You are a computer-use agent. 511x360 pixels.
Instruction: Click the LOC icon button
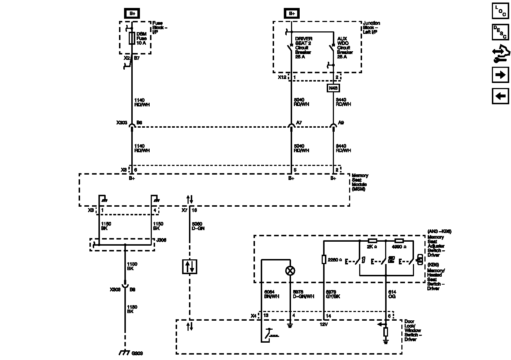(x=500, y=10)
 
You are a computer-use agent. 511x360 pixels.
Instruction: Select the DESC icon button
(x=500, y=32)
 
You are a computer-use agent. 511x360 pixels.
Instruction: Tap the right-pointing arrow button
(x=500, y=75)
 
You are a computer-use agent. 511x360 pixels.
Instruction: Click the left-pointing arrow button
(x=500, y=96)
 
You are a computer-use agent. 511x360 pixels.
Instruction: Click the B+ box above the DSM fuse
(x=132, y=14)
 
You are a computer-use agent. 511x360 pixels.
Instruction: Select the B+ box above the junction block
(x=291, y=14)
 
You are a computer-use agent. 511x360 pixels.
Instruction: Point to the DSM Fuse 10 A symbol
(x=132, y=38)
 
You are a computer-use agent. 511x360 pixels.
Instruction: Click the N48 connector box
(x=333, y=88)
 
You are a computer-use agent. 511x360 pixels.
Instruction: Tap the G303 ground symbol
(x=124, y=352)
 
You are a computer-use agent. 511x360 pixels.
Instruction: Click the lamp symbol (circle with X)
(x=290, y=271)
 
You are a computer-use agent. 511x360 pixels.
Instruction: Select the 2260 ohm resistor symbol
(x=324, y=259)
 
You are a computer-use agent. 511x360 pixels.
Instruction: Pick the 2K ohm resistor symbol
(x=373, y=241)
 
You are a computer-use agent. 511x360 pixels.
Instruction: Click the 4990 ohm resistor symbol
(x=399, y=241)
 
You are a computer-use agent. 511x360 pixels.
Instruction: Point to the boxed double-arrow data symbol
(x=190, y=267)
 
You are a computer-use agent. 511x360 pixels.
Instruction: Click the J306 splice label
(x=161, y=240)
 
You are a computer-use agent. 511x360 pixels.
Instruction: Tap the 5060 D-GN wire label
(x=198, y=226)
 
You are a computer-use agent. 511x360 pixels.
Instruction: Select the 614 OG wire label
(x=392, y=294)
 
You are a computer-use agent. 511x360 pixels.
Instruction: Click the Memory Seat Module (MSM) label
(x=360, y=182)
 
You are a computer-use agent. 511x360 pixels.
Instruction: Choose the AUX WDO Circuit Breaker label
(x=344, y=48)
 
